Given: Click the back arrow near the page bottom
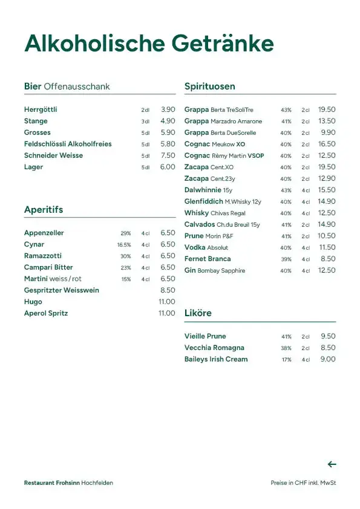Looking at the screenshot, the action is pyautogui.click(x=332, y=464).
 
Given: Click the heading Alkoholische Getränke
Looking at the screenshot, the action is pyautogui.click(x=149, y=44).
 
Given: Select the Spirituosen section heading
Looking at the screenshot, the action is pyautogui.click(x=209, y=86).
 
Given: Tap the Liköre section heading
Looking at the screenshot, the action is pyautogui.click(x=198, y=313).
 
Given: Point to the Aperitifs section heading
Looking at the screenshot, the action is pyautogui.click(x=44, y=210).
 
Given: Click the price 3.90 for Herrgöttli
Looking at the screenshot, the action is pyautogui.click(x=168, y=109).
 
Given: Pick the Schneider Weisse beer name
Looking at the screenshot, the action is pyautogui.click(x=53, y=155).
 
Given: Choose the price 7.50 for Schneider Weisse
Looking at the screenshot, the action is pyautogui.click(x=168, y=155).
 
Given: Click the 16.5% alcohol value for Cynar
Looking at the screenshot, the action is pyautogui.click(x=124, y=245).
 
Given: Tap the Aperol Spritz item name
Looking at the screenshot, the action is pyautogui.click(x=46, y=313).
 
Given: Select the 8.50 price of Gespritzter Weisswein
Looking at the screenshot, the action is pyautogui.click(x=168, y=290).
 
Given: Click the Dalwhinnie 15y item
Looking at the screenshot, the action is pyautogui.click(x=208, y=190).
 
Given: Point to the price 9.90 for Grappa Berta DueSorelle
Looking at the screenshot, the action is pyautogui.click(x=328, y=132).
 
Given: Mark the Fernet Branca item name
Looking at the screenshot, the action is pyautogui.click(x=208, y=259).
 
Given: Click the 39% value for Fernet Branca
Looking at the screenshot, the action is pyautogui.click(x=286, y=259).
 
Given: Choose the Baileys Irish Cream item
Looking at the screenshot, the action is pyautogui.click(x=216, y=359).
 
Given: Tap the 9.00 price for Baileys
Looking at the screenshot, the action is pyautogui.click(x=328, y=359).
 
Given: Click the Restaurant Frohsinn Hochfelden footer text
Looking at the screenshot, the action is pyautogui.click(x=68, y=483).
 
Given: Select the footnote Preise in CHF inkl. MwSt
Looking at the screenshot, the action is pyautogui.click(x=303, y=483).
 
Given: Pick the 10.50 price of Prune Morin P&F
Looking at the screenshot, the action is pyautogui.click(x=327, y=236).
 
